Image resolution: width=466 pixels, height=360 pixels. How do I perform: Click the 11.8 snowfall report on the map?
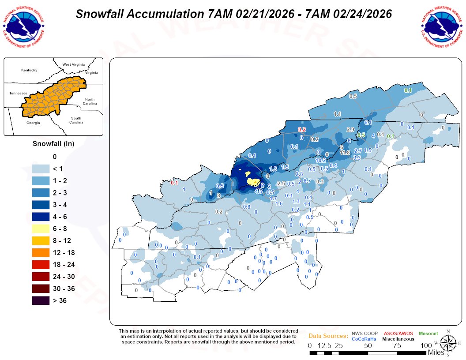(345, 153)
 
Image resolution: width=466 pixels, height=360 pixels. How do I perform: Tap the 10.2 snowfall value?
(320, 161)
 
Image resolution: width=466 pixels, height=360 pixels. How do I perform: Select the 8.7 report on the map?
(308, 181)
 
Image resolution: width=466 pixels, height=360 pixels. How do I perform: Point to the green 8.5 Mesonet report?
(361, 135)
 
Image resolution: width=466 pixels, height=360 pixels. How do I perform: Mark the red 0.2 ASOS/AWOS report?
(302, 130)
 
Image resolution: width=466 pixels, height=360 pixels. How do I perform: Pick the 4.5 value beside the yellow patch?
(259, 191)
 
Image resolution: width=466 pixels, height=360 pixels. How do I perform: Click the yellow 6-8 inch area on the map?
(253, 181)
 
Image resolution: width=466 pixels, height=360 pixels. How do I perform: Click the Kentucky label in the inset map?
(29, 70)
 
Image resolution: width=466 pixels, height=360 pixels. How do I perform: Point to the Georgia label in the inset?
(33, 123)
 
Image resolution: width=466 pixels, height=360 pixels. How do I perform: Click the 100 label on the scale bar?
(426, 345)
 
